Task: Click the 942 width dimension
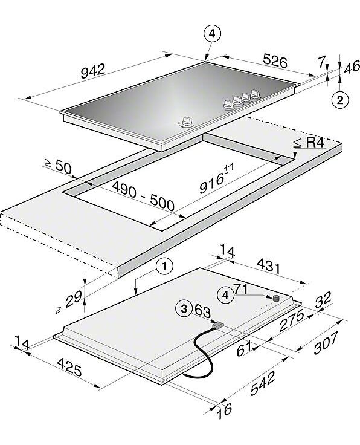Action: click(93, 71)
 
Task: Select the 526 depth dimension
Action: click(275, 60)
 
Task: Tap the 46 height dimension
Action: click(352, 68)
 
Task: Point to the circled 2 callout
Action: click(339, 100)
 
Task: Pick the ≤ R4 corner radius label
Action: click(309, 143)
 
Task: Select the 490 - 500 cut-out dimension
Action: click(143, 197)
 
